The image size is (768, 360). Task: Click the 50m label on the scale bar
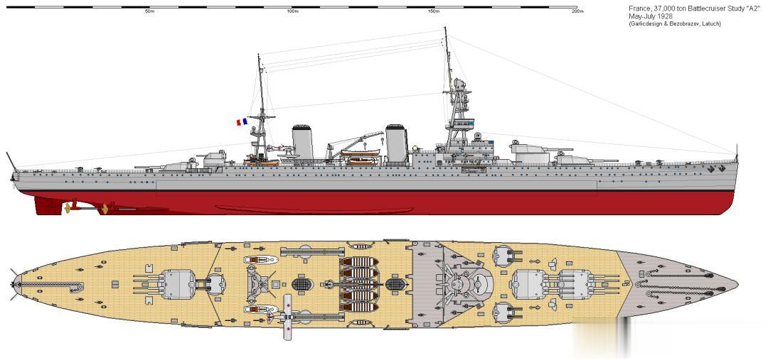tap(149, 12)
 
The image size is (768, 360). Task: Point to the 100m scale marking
tap(292, 12)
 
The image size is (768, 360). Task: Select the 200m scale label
tap(577, 12)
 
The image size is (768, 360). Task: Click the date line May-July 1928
tap(650, 16)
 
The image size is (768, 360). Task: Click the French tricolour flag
tap(242, 122)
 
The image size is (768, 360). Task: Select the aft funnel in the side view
tap(302, 141)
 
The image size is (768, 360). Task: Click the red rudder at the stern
tap(48, 204)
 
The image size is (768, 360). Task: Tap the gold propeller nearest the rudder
tap(69, 208)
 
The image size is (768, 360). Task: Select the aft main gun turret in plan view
tap(176, 283)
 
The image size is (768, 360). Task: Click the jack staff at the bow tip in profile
tap(737, 152)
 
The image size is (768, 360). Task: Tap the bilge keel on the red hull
tap(313, 209)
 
